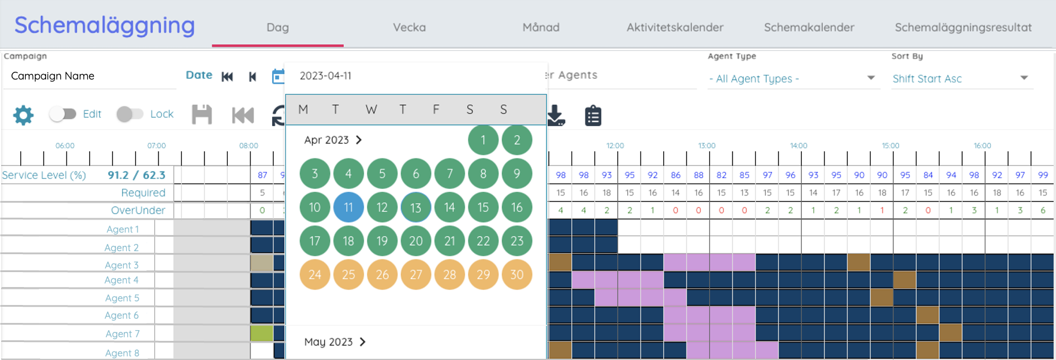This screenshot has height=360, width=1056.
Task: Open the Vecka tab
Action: click(x=409, y=28)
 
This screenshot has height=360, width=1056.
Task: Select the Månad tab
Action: click(x=541, y=28)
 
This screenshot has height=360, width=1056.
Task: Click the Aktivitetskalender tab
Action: click(x=675, y=28)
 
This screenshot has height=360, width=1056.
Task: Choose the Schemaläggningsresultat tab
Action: click(x=963, y=28)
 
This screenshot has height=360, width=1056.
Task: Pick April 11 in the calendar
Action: click(x=349, y=208)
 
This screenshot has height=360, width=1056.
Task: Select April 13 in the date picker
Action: click(x=416, y=208)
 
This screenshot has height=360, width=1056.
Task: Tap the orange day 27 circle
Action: click(x=416, y=274)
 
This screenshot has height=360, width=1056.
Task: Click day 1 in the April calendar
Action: click(x=483, y=141)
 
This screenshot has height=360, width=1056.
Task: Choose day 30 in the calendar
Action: click(x=517, y=274)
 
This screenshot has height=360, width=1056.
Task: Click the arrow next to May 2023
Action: click(x=362, y=342)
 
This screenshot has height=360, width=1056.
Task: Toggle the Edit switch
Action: click(x=63, y=114)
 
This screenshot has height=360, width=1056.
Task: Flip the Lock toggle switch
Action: click(x=130, y=114)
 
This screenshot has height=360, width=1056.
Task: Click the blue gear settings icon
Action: click(x=23, y=115)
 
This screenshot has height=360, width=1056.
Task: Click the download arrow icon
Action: click(x=556, y=115)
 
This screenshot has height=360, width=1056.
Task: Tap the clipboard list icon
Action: click(x=593, y=115)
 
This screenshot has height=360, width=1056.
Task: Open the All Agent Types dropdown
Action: click(x=792, y=78)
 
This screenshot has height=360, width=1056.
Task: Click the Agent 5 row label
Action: click(x=122, y=298)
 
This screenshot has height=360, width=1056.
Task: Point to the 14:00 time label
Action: click(x=798, y=146)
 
